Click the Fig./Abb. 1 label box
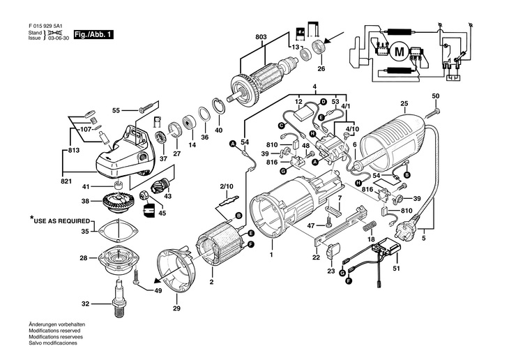(94, 34)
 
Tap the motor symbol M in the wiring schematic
(400, 51)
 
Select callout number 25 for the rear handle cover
(404, 105)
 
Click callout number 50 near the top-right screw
(436, 96)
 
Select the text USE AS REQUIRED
(61, 219)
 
